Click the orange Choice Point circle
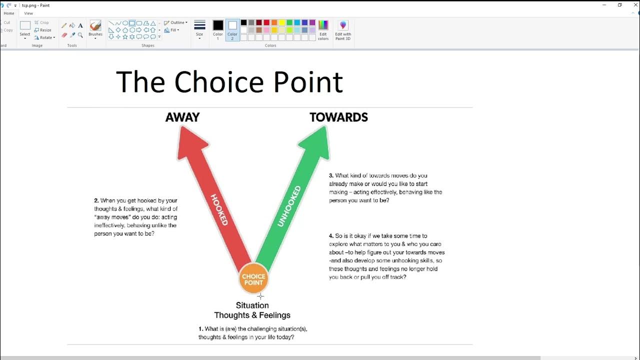pyautogui.click(x=253, y=279)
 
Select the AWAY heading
pyautogui.click(x=182, y=117)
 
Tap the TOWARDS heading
pyautogui.click(x=338, y=117)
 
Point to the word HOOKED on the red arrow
pyautogui.click(x=219, y=209)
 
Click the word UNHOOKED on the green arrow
pyautogui.click(x=289, y=206)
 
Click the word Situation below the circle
pyautogui.click(x=252, y=305)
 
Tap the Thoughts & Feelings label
pyautogui.click(x=252, y=315)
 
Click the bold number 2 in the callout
pyautogui.click(x=96, y=201)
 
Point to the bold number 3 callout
pyautogui.click(x=331, y=175)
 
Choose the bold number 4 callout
pyautogui.click(x=331, y=236)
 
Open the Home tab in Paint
pyautogui.click(x=9, y=13)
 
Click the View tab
pyautogui.click(x=28, y=13)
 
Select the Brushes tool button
pyautogui.click(x=95, y=29)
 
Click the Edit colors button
pyautogui.click(x=323, y=30)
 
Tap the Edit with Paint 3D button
pyautogui.click(x=343, y=30)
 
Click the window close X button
pyautogui.click(x=635, y=5)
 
